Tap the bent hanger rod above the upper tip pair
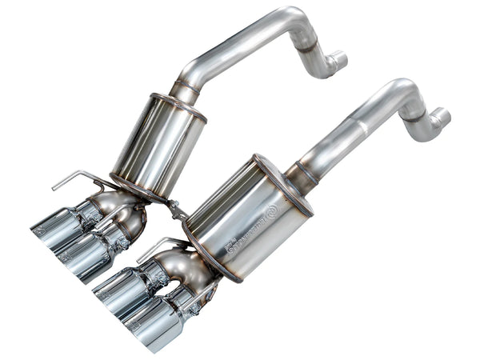[76, 179]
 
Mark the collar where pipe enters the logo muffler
[301, 173]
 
